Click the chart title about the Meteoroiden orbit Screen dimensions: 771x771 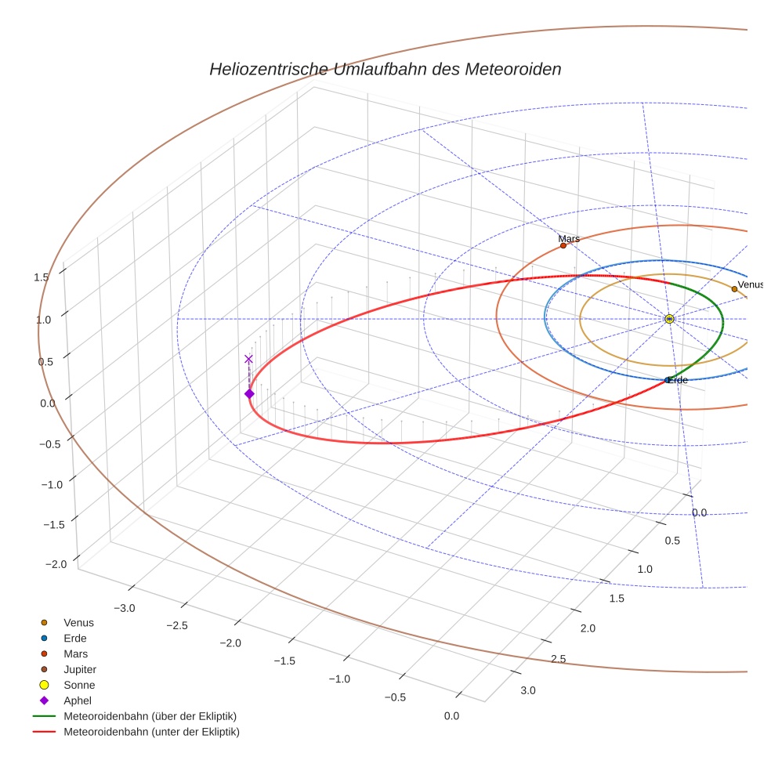[x=385, y=69]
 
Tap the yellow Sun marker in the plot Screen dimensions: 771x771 [x=669, y=319]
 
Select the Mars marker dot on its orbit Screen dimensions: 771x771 [x=563, y=245]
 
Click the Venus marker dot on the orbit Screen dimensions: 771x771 [x=734, y=289]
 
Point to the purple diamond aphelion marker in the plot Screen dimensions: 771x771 [x=249, y=393]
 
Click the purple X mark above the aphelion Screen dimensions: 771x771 [x=249, y=359]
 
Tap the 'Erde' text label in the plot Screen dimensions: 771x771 [x=679, y=380]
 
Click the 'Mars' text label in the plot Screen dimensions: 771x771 [x=569, y=238]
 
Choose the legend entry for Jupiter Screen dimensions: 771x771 [x=80, y=669]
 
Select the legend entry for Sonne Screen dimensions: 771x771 [x=79, y=685]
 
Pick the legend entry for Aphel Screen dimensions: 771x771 [x=78, y=700]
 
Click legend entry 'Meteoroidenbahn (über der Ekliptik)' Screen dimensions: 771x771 [x=150, y=716]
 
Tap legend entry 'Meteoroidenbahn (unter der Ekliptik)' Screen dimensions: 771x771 [x=151, y=732]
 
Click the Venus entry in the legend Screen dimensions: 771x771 [x=78, y=622]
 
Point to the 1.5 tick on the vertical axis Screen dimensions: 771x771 [x=42, y=277]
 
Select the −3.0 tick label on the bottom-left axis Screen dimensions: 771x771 [x=125, y=608]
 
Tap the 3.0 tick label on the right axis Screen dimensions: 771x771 [x=528, y=690]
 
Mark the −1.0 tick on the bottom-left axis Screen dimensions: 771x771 [x=340, y=679]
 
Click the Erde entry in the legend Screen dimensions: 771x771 [x=75, y=638]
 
